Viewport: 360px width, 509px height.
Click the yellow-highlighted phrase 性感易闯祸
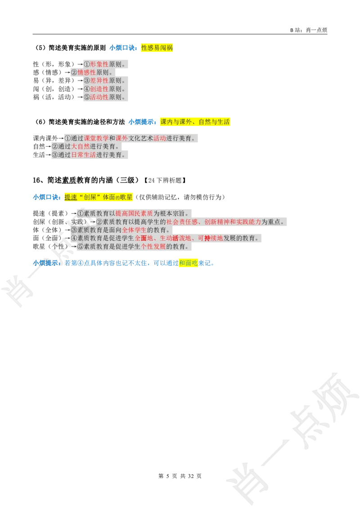point(157,48)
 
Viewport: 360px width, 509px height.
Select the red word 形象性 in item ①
point(99,64)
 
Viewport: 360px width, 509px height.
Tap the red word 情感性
point(87,72)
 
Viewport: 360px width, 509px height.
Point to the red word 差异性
point(99,80)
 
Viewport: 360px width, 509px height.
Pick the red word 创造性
point(99,89)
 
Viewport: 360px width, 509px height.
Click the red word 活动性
point(99,97)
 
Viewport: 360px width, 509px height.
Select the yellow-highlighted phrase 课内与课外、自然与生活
point(195,122)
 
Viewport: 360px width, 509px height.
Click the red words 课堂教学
point(96,138)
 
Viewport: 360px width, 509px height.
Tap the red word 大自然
point(81,147)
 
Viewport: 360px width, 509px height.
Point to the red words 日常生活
point(84,155)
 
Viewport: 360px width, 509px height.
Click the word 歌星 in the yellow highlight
point(126,197)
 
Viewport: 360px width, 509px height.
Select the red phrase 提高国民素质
point(134,214)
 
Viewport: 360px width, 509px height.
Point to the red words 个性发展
point(153,247)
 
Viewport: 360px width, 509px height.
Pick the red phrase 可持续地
point(211,238)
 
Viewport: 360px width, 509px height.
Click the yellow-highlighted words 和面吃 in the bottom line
point(189,263)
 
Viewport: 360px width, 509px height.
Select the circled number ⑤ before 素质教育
point(81,247)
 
